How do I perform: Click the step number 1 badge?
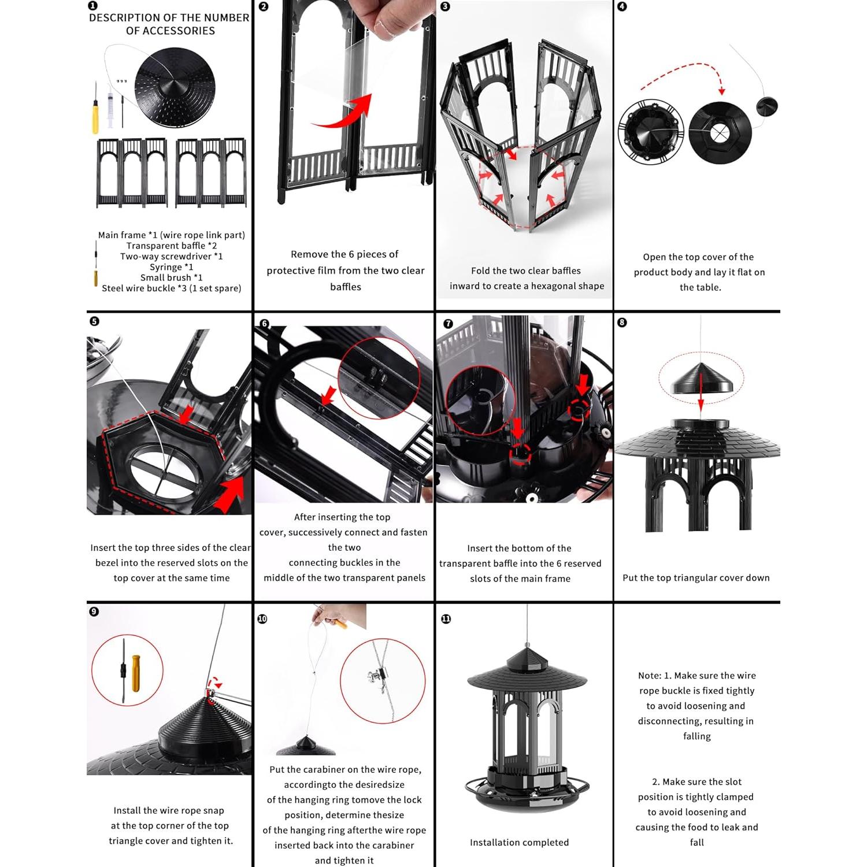tap(93, 6)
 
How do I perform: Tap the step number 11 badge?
tap(446, 619)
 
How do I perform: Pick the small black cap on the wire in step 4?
tap(767, 106)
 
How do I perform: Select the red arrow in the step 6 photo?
tap(328, 397)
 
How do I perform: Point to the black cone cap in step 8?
tap(701, 379)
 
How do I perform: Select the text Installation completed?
tap(519, 843)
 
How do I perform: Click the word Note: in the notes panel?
tap(650, 676)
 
